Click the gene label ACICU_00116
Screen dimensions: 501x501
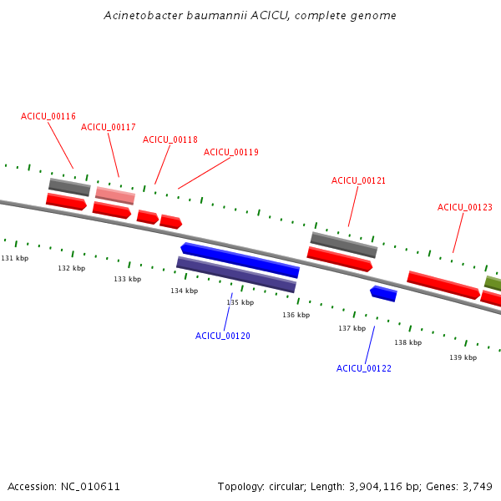48,116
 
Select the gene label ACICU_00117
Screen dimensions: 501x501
109,127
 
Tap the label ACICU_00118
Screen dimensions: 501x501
170,139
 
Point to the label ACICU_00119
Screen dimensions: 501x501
231,152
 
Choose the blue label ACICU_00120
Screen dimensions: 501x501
223,336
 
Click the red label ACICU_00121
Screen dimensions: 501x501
358,180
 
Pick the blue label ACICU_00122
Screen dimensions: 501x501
364,368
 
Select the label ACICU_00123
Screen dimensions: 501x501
465,207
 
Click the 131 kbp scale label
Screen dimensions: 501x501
15,258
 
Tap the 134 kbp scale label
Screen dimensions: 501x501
185,291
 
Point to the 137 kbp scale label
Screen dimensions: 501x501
352,328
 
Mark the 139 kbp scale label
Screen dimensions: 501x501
463,357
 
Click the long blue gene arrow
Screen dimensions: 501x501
240,260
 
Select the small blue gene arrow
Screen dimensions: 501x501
383,294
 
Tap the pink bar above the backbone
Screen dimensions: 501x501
115,195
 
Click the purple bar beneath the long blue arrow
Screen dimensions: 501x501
236,275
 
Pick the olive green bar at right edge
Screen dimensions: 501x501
493,283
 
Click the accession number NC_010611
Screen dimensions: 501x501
90,487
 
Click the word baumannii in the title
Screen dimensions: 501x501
216,15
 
